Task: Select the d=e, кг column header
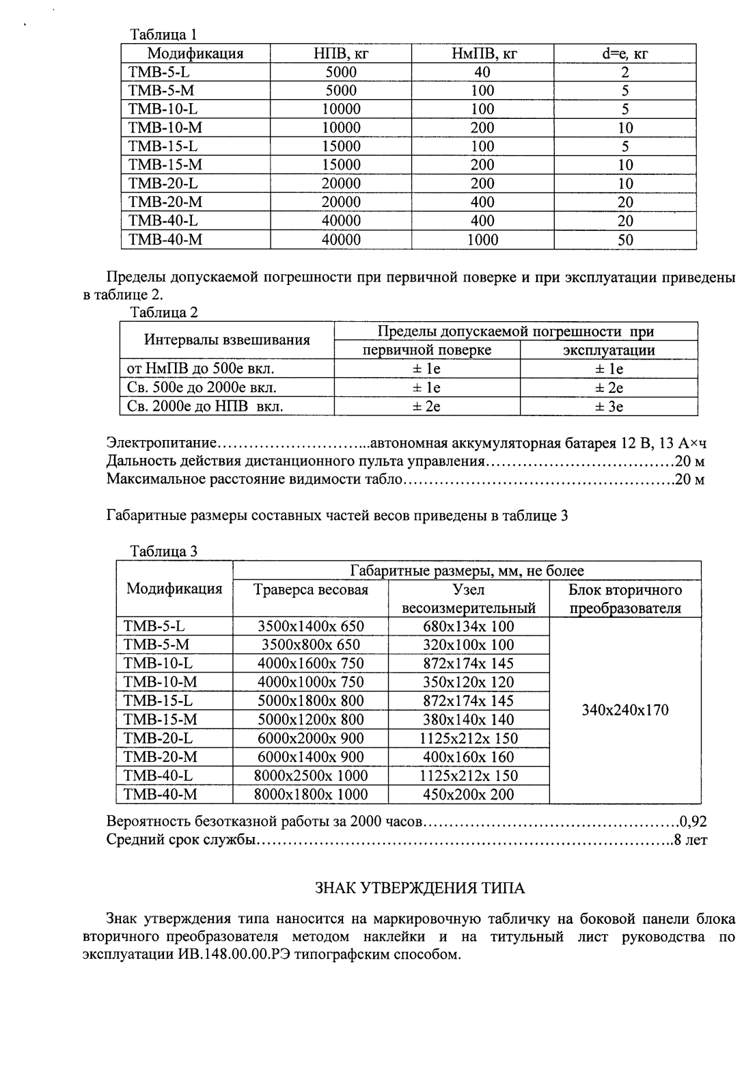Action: tap(624, 53)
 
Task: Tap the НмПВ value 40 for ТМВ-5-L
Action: tap(482, 72)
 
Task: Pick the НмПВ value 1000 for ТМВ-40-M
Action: tap(482, 239)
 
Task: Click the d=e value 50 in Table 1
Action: tap(624, 239)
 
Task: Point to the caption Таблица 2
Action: tap(163, 312)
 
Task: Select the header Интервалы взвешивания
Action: tap(227, 340)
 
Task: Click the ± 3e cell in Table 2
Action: tap(608, 407)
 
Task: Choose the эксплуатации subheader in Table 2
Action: tap(608, 350)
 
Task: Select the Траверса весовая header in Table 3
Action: tap(311, 590)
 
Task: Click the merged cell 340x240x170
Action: tap(624, 710)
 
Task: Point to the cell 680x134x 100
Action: tap(469, 626)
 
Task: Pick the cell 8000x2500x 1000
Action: tap(311, 776)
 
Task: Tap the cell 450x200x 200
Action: tap(469, 794)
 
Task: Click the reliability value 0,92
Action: tap(692, 821)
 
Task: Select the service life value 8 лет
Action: tap(690, 840)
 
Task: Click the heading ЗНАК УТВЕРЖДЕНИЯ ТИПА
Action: tap(420, 888)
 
